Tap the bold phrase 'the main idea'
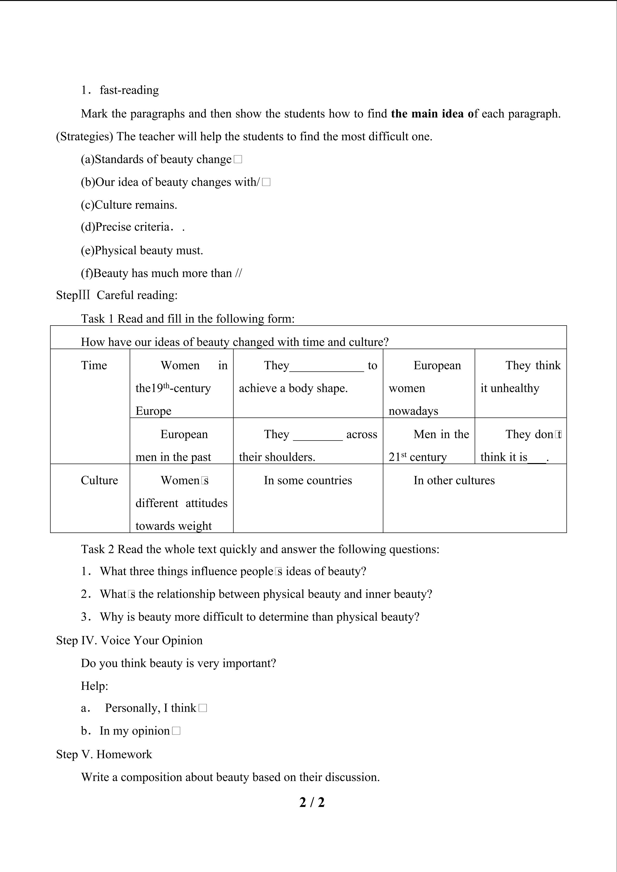pos(427,113)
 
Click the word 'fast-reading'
pos(129,90)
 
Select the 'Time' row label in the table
pos(94,365)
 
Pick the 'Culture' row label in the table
pos(99,480)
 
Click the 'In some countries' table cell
pos(308,480)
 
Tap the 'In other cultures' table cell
pos(454,480)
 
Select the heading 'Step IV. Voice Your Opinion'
pos(129,640)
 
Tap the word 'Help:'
pos(95,686)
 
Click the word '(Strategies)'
pos(84,136)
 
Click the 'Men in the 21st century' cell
pos(429,445)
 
